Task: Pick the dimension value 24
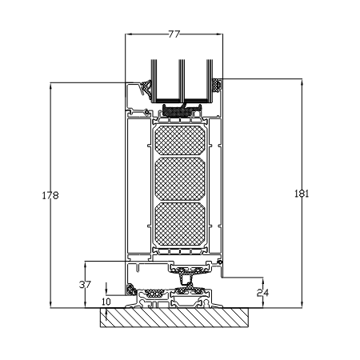[262, 293]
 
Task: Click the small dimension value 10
[106, 302]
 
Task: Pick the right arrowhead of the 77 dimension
[219, 34]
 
